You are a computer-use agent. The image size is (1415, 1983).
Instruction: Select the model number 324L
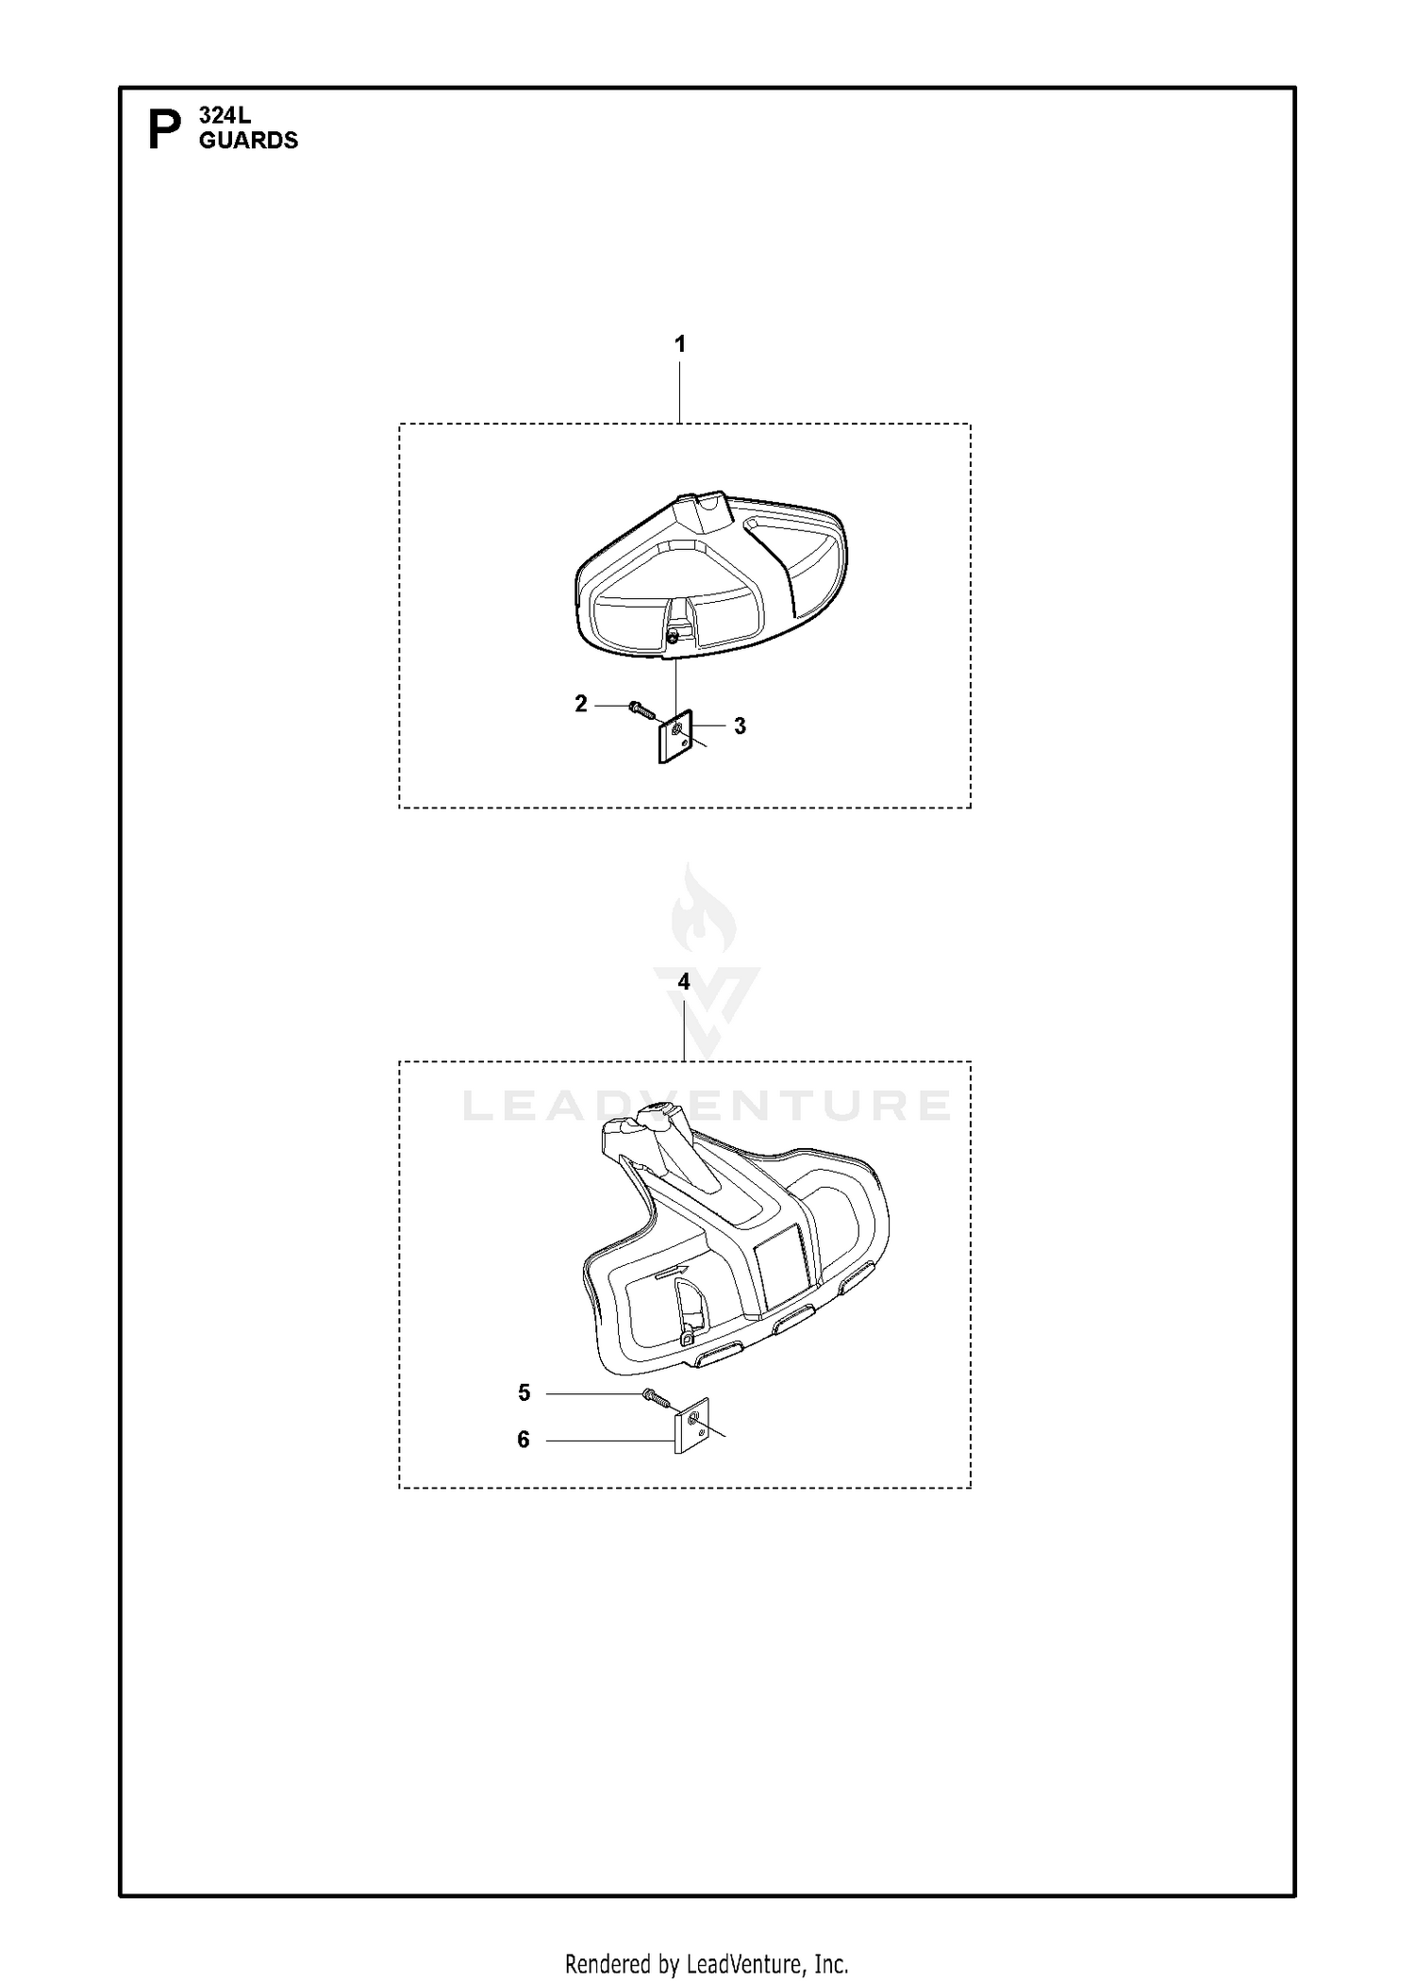(225, 116)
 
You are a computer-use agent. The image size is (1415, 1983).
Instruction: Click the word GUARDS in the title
(248, 140)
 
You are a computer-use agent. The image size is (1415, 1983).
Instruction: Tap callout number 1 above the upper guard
(680, 344)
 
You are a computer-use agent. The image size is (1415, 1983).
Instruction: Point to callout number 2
(581, 704)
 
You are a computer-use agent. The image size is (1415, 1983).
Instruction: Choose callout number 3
(740, 726)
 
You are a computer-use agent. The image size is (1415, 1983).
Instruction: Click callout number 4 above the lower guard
(684, 982)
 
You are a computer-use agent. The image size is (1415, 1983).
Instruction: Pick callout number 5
(524, 1393)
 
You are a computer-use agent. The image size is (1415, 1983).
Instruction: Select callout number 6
(524, 1440)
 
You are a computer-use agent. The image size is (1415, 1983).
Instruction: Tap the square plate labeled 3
(675, 737)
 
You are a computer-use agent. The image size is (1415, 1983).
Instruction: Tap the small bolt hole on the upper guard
(670, 638)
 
